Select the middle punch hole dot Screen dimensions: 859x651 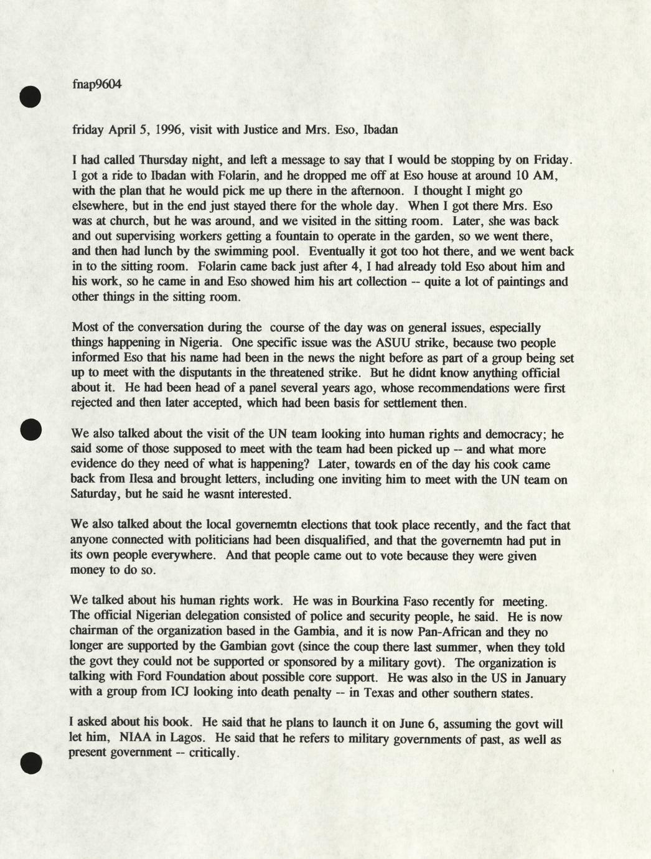coord(30,429)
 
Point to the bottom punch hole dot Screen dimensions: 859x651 coord(30,763)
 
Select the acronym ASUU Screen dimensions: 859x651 coord(393,343)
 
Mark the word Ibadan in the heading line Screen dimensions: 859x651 coord(380,130)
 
